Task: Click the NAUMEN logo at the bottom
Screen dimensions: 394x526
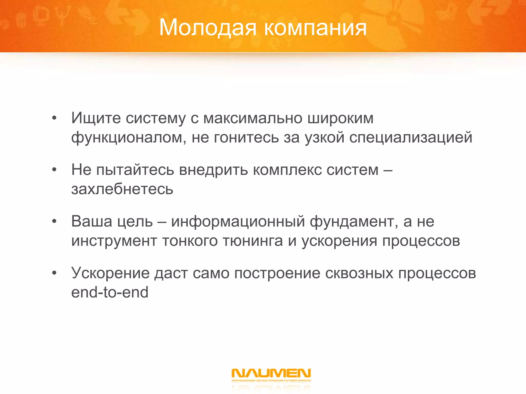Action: (x=271, y=374)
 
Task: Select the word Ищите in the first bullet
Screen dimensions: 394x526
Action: (x=96, y=118)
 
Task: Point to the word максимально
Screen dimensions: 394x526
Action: (x=253, y=118)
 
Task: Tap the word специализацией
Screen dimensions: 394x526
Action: (x=410, y=137)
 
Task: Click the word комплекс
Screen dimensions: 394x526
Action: (x=287, y=170)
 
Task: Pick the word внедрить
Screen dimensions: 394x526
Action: (x=213, y=170)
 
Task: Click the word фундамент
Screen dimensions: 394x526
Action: (x=354, y=221)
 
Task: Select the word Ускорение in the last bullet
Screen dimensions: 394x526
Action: (x=110, y=273)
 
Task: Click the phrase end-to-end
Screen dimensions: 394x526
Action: (x=110, y=292)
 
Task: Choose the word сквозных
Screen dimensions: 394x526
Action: (x=359, y=273)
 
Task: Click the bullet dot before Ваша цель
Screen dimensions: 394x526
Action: (x=54, y=221)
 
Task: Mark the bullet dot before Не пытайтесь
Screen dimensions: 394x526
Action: (x=54, y=170)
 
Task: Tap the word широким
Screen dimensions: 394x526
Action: (x=340, y=118)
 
